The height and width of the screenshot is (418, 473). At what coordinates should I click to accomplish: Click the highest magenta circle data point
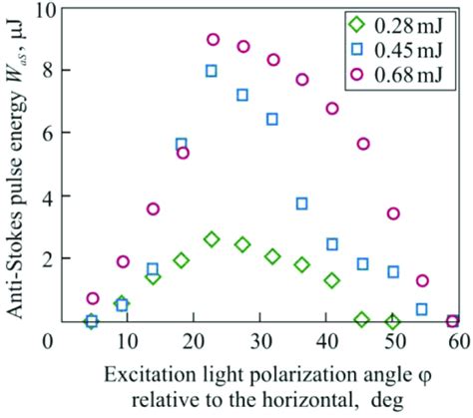click(213, 40)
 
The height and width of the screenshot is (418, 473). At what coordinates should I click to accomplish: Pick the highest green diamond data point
click(212, 239)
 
